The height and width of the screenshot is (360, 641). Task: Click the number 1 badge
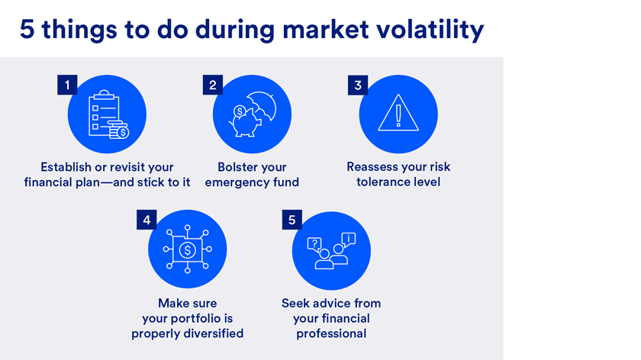[x=67, y=85]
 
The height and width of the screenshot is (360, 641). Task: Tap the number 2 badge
[x=213, y=85]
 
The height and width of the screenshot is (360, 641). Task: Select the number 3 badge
[x=358, y=85]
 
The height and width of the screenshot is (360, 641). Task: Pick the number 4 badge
[x=147, y=220]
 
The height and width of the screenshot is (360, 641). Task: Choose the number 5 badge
[x=292, y=220]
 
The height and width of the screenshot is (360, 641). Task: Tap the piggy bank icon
[x=245, y=122]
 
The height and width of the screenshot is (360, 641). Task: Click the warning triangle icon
[x=398, y=113]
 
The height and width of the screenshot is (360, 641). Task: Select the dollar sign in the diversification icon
[x=188, y=249]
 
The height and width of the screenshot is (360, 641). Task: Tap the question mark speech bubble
[x=314, y=245]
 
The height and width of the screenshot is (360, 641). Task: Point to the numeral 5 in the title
[x=27, y=30]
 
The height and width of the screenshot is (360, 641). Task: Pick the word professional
[x=331, y=334]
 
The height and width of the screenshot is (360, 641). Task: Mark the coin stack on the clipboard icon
[x=118, y=130]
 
